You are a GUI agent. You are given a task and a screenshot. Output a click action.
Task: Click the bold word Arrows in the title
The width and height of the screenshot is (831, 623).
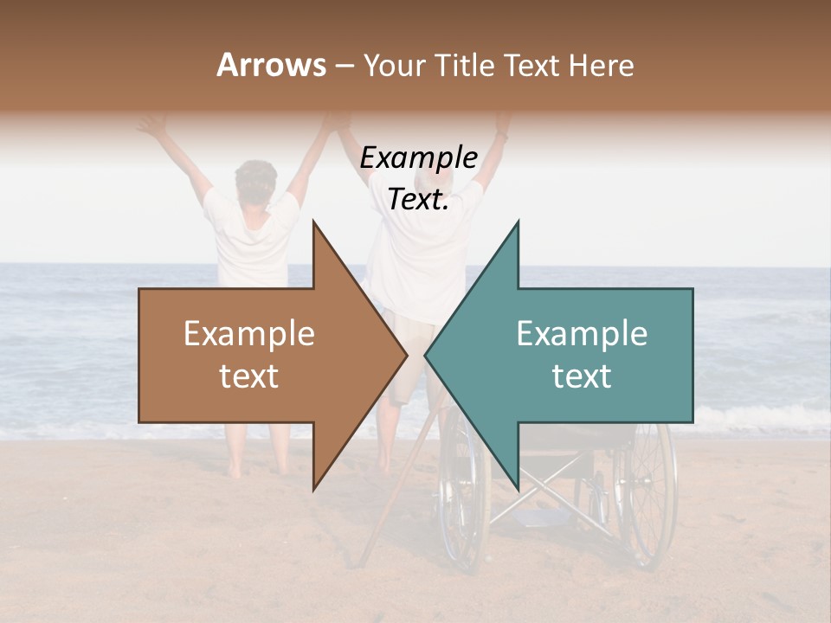272,65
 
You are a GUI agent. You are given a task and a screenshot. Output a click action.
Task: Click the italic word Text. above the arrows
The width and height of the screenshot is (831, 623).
419,200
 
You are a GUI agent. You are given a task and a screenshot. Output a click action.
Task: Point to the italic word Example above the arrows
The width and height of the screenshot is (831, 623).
419,158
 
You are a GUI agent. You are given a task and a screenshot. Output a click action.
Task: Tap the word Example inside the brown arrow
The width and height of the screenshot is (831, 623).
249,334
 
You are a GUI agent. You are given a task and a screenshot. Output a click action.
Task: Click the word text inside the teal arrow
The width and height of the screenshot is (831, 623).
582,376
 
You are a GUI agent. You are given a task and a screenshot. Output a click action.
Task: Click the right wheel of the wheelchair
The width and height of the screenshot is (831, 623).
649,493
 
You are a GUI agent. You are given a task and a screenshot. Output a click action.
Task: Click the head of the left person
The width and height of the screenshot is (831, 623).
255,179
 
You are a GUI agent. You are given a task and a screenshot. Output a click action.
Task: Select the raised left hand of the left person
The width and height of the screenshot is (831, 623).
153,125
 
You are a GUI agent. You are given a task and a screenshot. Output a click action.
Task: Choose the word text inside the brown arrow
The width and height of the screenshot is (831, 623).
249,376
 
